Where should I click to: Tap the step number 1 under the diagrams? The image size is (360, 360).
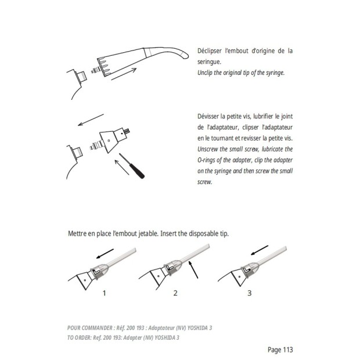click(105, 293)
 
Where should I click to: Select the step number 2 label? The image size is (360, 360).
click(175, 293)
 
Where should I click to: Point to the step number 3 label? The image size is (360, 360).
click(250, 293)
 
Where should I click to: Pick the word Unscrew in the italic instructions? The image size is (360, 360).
click(211, 149)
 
